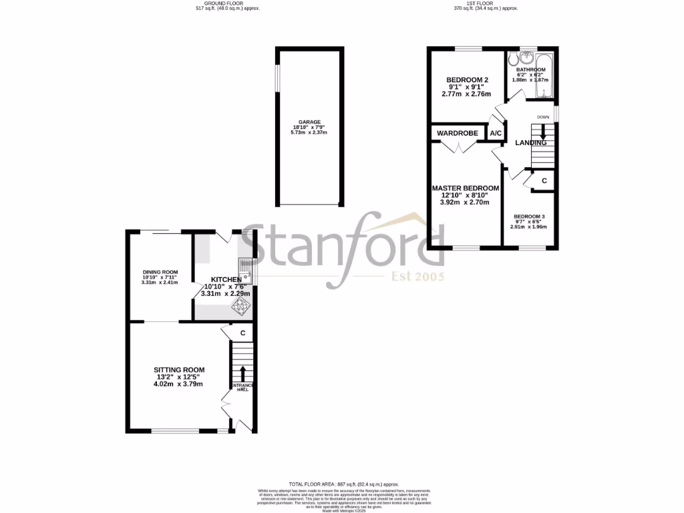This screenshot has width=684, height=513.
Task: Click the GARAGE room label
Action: [309, 122]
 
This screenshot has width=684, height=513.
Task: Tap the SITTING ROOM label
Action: [179, 369]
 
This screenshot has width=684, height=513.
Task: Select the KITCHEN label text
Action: [226, 279]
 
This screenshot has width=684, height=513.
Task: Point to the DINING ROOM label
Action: [160, 272]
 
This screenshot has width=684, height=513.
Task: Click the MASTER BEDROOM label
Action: [466, 188]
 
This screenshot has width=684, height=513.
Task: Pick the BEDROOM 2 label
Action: [467, 80]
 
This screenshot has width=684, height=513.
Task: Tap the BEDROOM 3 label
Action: [529, 216]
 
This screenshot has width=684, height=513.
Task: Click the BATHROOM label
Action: [528, 69]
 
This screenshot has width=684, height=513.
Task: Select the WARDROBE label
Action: [458, 134]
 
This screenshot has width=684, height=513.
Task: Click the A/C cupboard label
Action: [496, 134]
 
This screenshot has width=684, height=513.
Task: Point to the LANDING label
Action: [530, 143]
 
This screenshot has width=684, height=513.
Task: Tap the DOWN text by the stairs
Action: [542, 118]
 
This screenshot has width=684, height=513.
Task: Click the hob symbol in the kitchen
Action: [238, 305]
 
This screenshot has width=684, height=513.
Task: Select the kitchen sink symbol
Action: [245, 269]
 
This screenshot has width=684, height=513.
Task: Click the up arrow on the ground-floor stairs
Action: [242, 373]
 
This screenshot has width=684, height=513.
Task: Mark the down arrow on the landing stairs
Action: [542, 132]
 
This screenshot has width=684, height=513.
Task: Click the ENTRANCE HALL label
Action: [241, 387]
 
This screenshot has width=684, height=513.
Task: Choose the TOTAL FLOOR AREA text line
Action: [343, 484]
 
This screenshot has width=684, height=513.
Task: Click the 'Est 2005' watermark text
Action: [417, 277]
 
